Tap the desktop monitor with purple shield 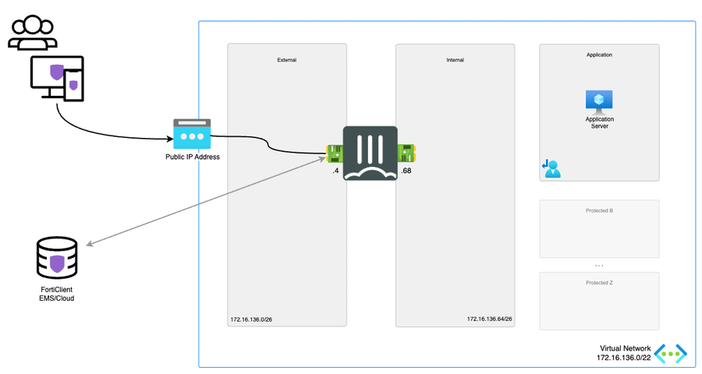coord(51,77)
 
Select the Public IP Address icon coord(192,135)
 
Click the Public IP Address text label coord(192,157)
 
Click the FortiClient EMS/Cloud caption coord(57,294)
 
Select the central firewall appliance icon coord(370,153)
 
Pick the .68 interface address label coord(406,170)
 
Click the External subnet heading coord(286,59)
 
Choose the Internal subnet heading coord(455,59)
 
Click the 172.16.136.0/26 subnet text coord(251,319)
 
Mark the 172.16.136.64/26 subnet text coord(489,319)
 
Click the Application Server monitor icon coord(599,101)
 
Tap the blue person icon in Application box coord(552,168)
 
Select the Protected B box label coord(599,210)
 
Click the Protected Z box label coord(599,282)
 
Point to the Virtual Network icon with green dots coord(671,353)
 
